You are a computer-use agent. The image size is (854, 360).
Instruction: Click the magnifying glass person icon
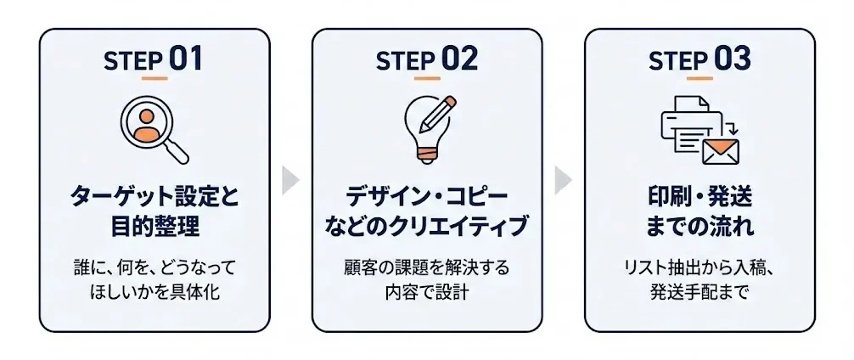click(x=154, y=128)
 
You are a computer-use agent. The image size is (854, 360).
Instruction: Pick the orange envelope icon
click(x=720, y=151)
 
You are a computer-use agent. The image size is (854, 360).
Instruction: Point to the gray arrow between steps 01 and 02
click(x=291, y=180)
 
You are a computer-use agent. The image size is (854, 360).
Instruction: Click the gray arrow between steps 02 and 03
click(x=564, y=180)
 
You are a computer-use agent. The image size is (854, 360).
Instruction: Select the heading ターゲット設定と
click(x=154, y=198)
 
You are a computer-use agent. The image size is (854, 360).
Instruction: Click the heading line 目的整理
click(x=154, y=228)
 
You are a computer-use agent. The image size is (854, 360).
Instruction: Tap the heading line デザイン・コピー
click(x=427, y=198)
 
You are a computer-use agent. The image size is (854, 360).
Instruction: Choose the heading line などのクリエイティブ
click(x=427, y=228)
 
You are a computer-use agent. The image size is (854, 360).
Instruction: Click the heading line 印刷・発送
click(x=699, y=198)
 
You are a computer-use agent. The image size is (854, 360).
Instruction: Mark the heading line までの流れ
click(x=699, y=228)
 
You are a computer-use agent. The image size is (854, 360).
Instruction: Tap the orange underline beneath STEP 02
click(x=427, y=79)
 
